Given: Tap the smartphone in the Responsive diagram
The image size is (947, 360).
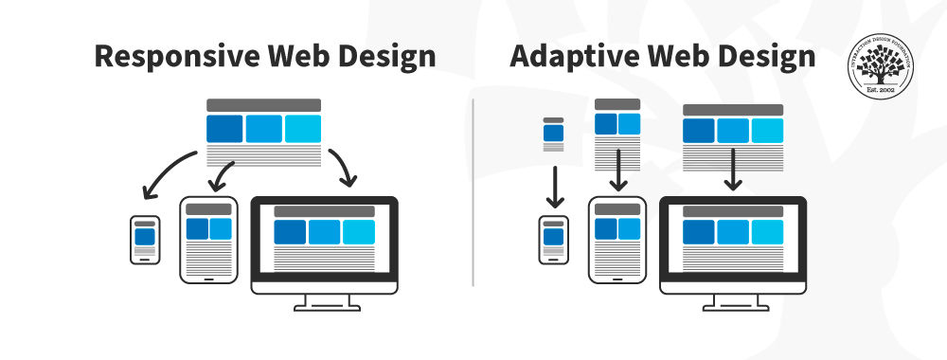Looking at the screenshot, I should click(x=145, y=241).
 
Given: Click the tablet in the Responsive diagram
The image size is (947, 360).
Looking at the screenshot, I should click(x=208, y=240).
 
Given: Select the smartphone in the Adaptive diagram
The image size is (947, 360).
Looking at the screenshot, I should click(x=554, y=241).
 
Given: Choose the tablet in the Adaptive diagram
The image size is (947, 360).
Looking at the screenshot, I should click(x=617, y=240).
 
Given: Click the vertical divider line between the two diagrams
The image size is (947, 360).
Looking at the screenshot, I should click(x=473, y=189).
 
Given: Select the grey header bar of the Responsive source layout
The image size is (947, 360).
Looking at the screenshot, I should click(x=263, y=105).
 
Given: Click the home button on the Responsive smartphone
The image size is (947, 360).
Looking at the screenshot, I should click(x=145, y=260).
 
